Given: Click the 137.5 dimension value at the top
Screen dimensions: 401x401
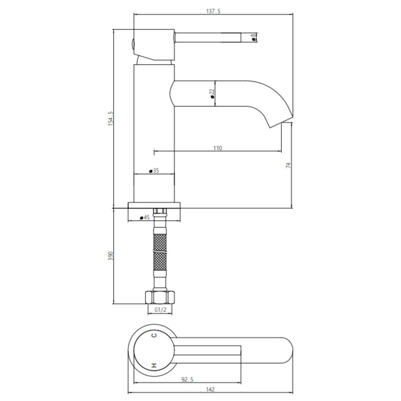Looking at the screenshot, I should pyautogui.click(x=212, y=11).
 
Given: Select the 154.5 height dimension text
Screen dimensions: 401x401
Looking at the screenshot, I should pyautogui.click(x=111, y=119).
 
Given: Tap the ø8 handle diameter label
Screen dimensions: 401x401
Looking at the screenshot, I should pyautogui.click(x=253, y=37).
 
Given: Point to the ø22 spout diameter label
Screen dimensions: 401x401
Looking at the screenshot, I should pyautogui.click(x=212, y=94).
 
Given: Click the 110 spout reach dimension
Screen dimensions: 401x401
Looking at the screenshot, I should pyautogui.click(x=218, y=148).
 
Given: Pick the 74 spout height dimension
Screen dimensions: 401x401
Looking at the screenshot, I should pyautogui.click(x=288, y=165).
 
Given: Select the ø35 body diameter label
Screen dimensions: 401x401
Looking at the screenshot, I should pyautogui.click(x=154, y=171).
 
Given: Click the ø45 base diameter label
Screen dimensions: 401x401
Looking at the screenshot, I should pyautogui.click(x=143, y=218).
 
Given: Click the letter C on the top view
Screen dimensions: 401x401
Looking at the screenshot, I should pyautogui.click(x=155, y=336).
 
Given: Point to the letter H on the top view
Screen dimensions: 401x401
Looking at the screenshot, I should pyautogui.click(x=155, y=365).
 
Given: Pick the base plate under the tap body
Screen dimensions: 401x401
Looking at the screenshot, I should pyautogui.click(x=155, y=205).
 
